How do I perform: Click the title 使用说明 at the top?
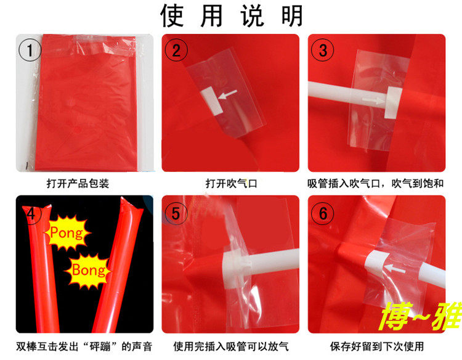(232, 15)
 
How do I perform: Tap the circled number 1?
(30, 50)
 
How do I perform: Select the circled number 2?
(176, 50)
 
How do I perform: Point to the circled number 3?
(323, 50)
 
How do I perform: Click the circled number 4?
(31, 213)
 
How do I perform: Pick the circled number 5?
(176, 213)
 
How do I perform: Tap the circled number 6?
(323, 213)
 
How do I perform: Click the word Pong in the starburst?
(67, 233)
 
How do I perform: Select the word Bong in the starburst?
(88, 270)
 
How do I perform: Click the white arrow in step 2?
(227, 94)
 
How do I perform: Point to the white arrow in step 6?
(395, 268)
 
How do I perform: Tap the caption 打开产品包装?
(78, 184)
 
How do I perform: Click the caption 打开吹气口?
(231, 184)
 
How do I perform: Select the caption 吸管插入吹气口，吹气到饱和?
(376, 184)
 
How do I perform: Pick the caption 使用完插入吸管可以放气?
(231, 346)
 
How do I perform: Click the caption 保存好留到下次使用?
(377, 346)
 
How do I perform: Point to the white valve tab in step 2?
(211, 101)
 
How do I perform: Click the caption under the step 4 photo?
(84, 346)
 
